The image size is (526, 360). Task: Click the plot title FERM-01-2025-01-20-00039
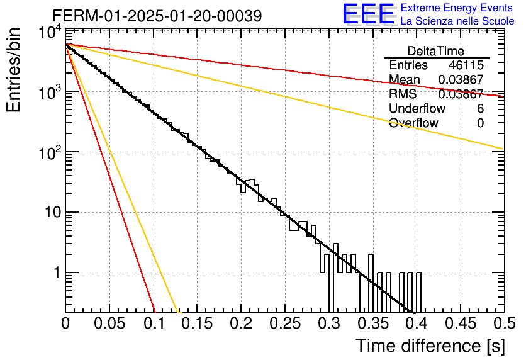[157, 16]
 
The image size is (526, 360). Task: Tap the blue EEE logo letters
[369, 14]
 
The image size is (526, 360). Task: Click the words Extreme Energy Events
[457, 8]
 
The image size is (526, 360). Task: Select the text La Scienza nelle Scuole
[457, 21]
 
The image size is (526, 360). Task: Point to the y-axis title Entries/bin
[13, 70]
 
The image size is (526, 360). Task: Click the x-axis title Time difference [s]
[430, 346]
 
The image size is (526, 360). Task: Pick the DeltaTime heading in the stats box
[436, 51]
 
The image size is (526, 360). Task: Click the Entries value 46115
[466, 65]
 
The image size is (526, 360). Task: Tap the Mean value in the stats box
[461, 79]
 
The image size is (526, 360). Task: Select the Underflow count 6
[480, 108]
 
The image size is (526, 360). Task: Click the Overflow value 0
[480, 123]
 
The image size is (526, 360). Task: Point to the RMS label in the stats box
[403, 94]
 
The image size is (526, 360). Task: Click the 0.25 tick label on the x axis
[285, 323]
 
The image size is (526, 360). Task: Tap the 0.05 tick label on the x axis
[109, 323]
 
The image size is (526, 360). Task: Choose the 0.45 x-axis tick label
[461, 323]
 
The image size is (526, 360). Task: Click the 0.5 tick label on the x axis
[504, 323]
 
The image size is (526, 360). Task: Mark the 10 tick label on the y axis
[53, 212]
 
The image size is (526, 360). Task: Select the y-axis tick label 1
[57, 273]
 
